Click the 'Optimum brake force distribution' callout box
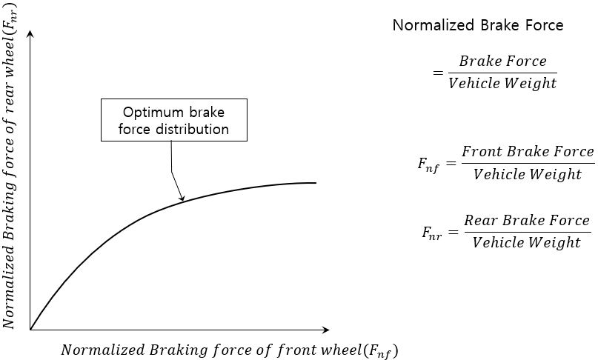point(173,120)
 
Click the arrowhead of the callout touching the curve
point(182,198)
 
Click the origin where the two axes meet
point(30,329)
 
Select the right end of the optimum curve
point(316,182)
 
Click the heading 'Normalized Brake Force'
point(477,25)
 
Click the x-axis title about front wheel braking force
point(233,349)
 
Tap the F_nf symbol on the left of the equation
point(428,164)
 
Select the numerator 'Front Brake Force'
point(527,151)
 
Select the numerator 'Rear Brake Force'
point(526,220)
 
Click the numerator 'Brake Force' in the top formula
point(502,61)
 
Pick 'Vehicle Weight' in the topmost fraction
point(502,83)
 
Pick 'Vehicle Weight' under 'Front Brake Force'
point(527,175)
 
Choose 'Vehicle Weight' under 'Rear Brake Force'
point(526,243)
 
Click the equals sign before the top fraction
point(437,73)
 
